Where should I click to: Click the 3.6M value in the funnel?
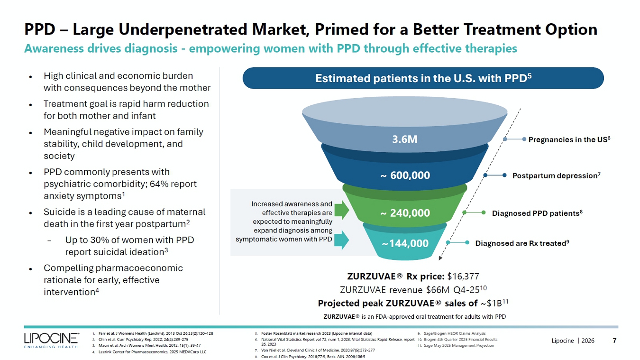[x=404, y=139]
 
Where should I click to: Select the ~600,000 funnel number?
[x=405, y=175]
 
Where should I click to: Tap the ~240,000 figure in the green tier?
[x=405, y=213]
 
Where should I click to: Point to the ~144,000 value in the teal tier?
[x=405, y=243]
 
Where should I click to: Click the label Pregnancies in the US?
[x=569, y=139]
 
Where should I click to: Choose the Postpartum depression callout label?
[x=556, y=175]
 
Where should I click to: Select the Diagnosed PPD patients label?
[x=537, y=213]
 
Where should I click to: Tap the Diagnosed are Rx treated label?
[x=522, y=243]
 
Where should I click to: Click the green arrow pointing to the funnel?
[x=341, y=210]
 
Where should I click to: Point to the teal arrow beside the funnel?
[x=341, y=240]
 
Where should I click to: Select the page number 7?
[x=614, y=340]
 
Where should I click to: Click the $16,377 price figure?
[x=463, y=277]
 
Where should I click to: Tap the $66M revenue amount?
[x=438, y=290]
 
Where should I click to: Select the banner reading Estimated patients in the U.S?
[x=423, y=78]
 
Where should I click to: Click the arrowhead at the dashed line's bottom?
[x=440, y=258]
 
